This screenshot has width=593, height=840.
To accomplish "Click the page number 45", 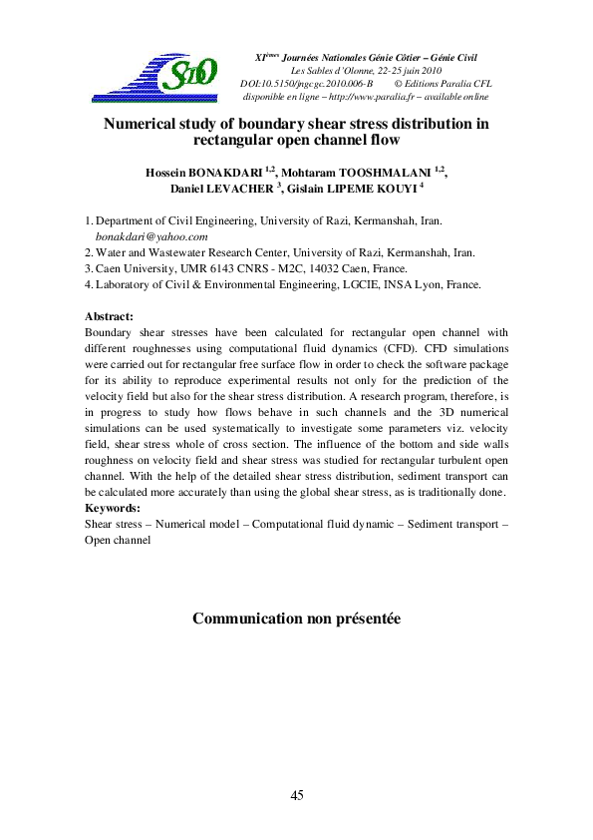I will click(x=296, y=795).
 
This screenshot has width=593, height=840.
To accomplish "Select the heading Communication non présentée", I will click(x=296, y=620).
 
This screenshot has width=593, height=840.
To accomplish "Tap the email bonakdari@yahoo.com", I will click(x=151, y=236).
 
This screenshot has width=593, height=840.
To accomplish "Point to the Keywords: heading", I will click(x=113, y=508).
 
